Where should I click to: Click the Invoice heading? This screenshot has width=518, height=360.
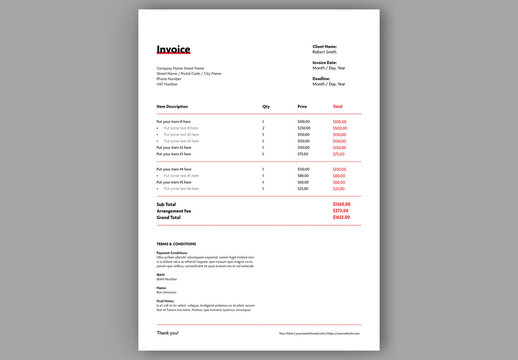(173, 49)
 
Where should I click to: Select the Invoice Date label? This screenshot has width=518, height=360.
(326, 62)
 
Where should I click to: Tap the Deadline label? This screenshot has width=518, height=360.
(321, 77)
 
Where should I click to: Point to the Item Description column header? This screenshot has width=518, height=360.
(172, 106)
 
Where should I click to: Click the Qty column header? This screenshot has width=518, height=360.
(266, 106)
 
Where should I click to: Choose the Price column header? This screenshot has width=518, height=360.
(302, 106)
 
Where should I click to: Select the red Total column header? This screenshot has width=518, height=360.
(337, 106)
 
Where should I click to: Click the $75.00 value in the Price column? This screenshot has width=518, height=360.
(303, 154)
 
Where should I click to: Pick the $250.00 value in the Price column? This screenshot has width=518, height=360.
(304, 128)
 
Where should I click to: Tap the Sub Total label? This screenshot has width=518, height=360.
(167, 204)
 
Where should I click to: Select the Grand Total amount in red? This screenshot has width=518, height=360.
(340, 217)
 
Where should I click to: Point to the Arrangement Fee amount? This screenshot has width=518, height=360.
(340, 210)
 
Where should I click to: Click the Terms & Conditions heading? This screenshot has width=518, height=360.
(176, 244)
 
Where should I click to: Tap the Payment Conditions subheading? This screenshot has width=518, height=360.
(172, 253)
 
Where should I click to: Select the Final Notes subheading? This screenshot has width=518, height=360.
(165, 300)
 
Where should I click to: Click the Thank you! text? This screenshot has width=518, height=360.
(167, 332)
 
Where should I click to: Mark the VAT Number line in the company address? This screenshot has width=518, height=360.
(166, 84)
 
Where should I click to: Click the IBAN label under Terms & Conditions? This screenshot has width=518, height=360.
(160, 274)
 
